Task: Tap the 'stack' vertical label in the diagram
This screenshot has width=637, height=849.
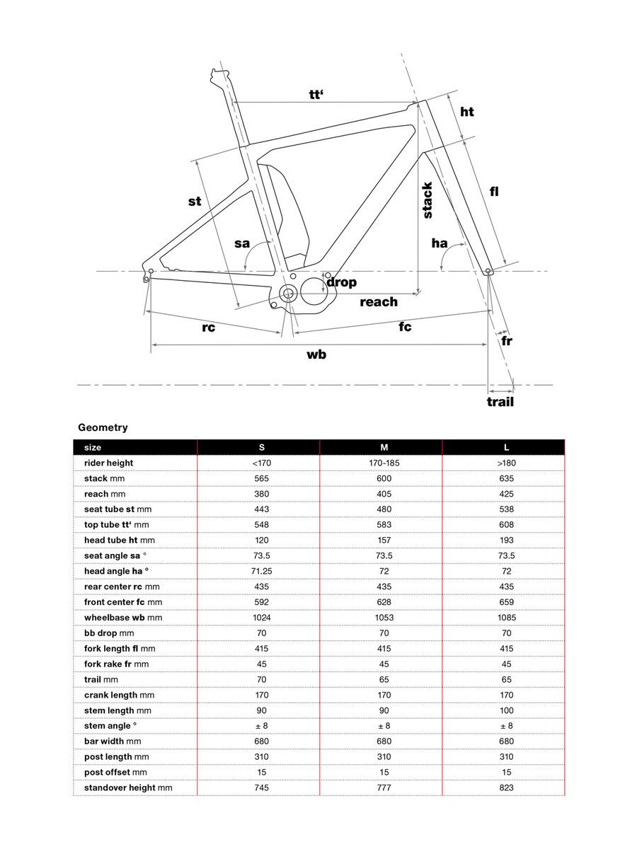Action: pos(427,200)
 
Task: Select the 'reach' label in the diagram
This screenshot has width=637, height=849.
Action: pos(379,302)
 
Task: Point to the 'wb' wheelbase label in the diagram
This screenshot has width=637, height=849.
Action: pos(316,354)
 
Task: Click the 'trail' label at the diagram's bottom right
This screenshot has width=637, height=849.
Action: pos(500,402)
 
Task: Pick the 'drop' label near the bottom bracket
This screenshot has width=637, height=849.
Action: pos(341,282)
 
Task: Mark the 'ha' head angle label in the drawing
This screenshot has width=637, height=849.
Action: pos(440,244)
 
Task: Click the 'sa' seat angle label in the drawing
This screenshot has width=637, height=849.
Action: pos(242,243)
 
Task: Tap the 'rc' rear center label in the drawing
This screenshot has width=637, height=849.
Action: pos(208,328)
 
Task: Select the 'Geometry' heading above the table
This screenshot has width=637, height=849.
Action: pos(103,427)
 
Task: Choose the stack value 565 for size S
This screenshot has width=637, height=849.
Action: pos(262,479)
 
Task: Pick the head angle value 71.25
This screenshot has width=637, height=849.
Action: pos(262,572)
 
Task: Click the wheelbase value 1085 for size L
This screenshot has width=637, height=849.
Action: pos(506,618)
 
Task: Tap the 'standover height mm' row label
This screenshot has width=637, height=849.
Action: pos(128,787)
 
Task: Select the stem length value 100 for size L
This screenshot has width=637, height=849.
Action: pos(506,710)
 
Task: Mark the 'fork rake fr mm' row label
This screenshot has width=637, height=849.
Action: pos(116,664)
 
